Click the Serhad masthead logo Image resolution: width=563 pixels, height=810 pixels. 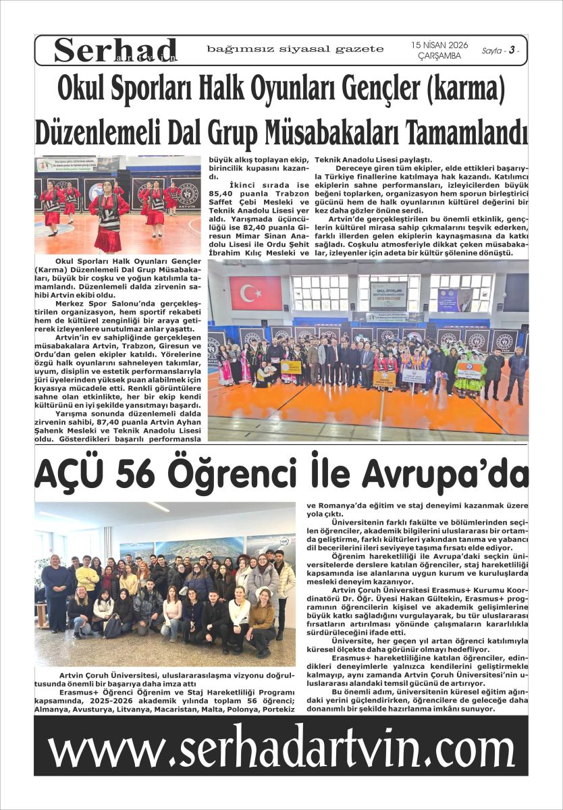click(115, 50)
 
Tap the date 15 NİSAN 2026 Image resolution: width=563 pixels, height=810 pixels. click(439, 45)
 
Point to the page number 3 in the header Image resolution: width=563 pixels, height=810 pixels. click(512, 50)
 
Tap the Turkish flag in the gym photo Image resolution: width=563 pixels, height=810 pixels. click(255, 292)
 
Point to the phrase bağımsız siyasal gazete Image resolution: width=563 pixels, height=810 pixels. click(295, 49)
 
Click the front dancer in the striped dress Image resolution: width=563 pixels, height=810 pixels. click(108, 216)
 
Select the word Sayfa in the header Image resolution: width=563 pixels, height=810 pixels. click(491, 51)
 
